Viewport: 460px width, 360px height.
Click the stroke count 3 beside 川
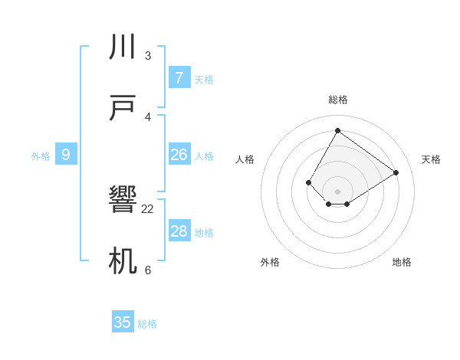pos(148,56)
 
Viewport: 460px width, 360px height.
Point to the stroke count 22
pos(148,209)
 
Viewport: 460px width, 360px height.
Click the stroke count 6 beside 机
pos(148,270)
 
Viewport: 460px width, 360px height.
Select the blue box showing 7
pos(179,78)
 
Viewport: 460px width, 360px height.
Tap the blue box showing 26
pos(179,155)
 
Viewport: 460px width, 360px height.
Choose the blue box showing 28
pos(179,231)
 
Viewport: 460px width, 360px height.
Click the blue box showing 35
pos(123,322)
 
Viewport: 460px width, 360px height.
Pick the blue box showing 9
pos(66,155)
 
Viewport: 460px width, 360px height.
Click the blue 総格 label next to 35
pos(148,324)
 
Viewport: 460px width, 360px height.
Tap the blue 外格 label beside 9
pos(41,156)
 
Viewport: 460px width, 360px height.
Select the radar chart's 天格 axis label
pos(432,159)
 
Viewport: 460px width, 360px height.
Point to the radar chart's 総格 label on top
pos(337,100)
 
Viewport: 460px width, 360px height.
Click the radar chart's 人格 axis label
pos(245,159)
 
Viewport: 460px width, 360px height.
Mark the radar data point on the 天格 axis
pos(396,172)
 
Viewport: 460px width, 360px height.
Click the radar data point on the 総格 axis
pos(337,130)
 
